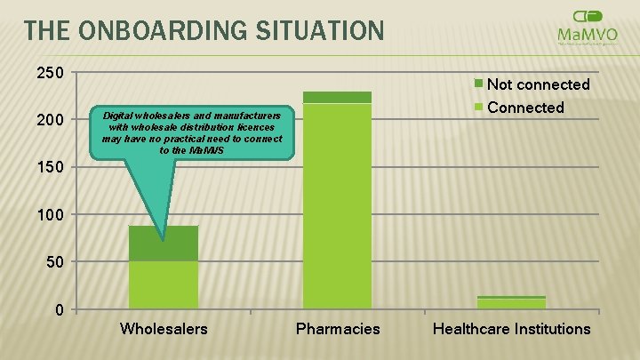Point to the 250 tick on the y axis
[49, 73]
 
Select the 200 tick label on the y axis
[49, 120]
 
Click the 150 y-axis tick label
[49, 167]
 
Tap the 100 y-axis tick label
[49, 215]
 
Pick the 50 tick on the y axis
[53, 262]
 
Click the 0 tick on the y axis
[58, 309]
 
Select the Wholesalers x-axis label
[164, 329]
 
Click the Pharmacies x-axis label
[338, 329]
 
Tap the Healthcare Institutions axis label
[511, 329]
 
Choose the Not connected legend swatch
[478, 84]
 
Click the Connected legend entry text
[525, 108]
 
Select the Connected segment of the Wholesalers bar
[164, 284]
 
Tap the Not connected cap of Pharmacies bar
[338, 97]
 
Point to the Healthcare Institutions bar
[511, 303]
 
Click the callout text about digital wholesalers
[192, 132]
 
